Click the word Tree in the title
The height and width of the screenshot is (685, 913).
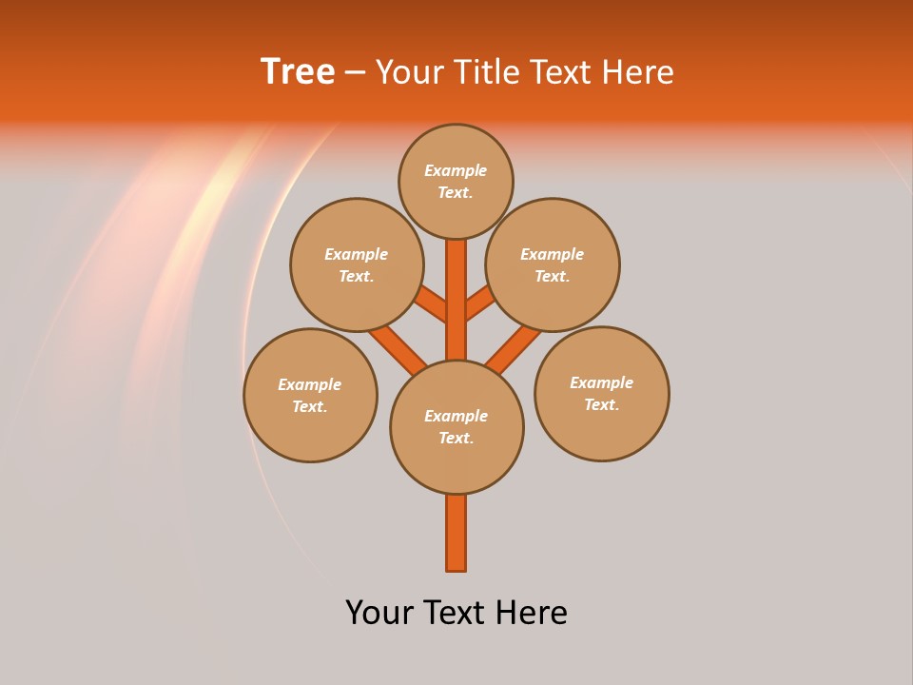[x=298, y=71]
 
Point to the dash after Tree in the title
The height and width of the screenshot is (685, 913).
[x=355, y=72]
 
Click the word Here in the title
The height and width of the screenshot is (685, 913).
[x=638, y=72]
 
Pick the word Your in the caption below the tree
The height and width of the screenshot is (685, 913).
[x=379, y=613]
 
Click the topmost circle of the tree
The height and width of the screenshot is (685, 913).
[x=456, y=181]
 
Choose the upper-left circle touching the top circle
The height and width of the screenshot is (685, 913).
[x=356, y=264]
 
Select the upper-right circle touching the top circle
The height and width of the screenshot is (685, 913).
[x=553, y=264]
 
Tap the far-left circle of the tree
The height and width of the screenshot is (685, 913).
[x=310, y=395]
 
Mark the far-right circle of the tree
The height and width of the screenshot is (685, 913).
[x=601, y=393]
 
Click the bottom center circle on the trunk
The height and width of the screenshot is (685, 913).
[x=456, y=427]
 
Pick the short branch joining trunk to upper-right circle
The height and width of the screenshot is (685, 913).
[x=479, y=303]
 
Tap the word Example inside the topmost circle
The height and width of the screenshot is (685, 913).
[x=456, y=171]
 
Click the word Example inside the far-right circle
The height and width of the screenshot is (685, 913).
[x=601, y=382]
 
